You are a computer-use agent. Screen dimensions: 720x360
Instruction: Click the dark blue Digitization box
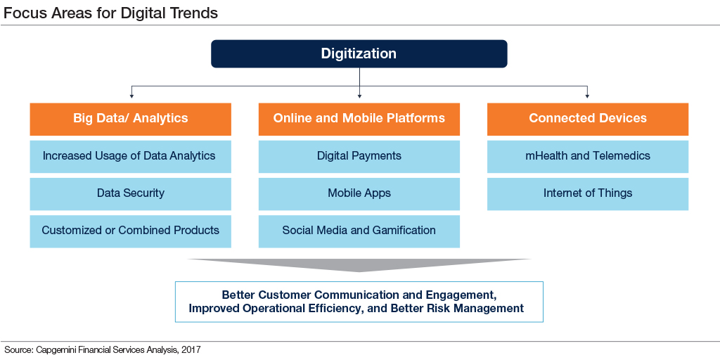(359, 53)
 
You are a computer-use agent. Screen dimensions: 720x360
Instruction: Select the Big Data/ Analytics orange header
(130, 119)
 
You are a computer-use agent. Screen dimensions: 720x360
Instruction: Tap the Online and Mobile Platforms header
(359, 119)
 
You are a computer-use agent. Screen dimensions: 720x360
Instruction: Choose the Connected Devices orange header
(588, 119)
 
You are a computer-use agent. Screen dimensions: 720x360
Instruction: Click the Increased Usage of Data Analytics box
(130, 157)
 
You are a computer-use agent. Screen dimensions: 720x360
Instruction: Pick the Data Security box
(130, 194)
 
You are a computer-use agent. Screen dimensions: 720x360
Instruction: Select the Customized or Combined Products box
(130, 231)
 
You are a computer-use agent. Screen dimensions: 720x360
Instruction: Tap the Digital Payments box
(359, 157)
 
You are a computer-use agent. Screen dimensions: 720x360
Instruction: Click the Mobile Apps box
(359, 194)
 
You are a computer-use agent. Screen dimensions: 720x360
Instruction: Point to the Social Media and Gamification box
(359, 231)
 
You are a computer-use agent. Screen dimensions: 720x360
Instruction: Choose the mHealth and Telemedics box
(588, 157)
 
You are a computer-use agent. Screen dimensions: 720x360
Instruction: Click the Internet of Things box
(588, 194)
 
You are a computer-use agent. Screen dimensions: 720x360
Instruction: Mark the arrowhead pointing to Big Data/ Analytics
(131, 96)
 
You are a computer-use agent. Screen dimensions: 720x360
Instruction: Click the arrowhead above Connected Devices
(587, 96)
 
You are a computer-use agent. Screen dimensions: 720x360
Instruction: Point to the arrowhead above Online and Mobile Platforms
(359, 96)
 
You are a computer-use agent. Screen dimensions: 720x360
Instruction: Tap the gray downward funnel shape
(359, 264)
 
